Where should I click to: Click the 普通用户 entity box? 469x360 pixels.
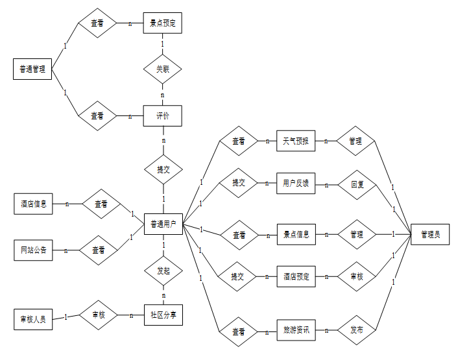pos(163,224)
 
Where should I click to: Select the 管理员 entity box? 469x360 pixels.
pos(429,234)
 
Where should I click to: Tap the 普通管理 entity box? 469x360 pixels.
pos(32,69)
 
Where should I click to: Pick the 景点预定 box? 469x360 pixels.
pos(162,23)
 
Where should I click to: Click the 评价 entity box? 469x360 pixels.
pos(162,116)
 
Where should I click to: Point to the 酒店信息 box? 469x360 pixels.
pos(32,204)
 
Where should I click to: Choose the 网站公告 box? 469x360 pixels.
pos(32,250)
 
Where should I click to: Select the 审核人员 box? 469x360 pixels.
pos(32,318)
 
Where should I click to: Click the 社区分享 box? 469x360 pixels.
pos(162,316)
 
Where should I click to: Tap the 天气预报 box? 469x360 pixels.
pos(296,141)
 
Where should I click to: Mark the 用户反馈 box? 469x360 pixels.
pos(296,184)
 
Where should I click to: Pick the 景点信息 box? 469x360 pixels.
pos(296,234)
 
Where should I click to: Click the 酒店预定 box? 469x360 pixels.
pos(296,276)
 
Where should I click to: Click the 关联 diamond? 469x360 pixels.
pos(162,69)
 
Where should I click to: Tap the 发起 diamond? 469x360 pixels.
pos(162,270)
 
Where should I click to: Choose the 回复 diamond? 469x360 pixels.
pos(357,184)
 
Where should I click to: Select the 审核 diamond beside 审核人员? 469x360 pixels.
pos(97,315)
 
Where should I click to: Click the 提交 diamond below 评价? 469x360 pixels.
pos(163,170)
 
